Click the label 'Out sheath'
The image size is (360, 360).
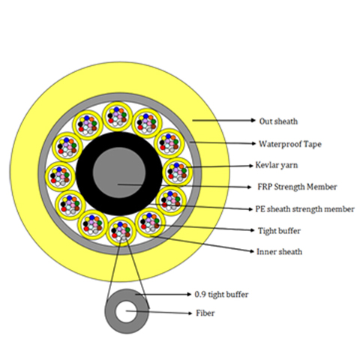[278, 121]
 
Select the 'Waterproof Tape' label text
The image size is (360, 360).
[289, 144]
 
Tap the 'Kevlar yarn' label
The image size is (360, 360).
[277, 165]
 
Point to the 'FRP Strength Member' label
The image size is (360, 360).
[297, 187]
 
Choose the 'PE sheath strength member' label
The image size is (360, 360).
[304, 209]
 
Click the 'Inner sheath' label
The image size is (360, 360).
[279, 251]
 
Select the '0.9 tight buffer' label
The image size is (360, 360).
[221, 295]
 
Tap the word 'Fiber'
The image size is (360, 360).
[205, 313]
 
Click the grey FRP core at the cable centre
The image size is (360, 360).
[119, 172]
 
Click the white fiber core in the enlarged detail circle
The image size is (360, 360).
[127, 311]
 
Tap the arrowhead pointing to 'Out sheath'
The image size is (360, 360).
[253, 121]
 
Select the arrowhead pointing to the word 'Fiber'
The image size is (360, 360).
[190, 313]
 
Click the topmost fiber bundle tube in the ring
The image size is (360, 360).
[117, 116]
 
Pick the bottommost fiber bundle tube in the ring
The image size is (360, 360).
[121, 232]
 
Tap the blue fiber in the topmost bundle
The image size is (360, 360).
[116, 109]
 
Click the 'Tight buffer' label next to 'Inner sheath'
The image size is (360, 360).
[279, 231]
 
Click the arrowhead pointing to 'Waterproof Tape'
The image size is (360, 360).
[253, 143]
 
